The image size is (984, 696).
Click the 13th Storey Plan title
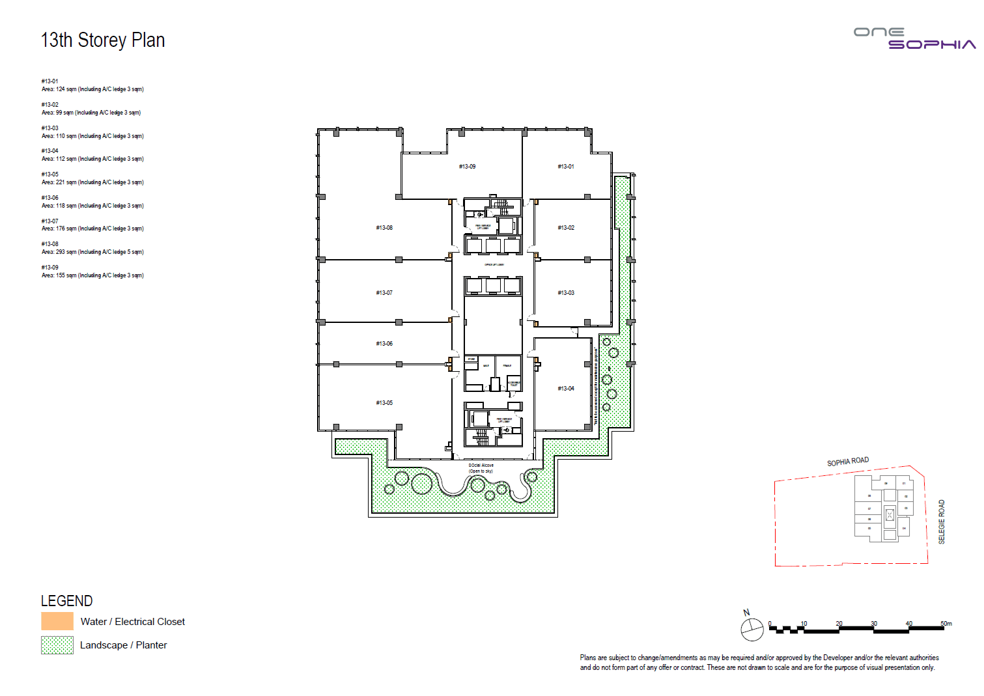[x=103, y=40]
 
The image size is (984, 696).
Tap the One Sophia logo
[x=914, y=38]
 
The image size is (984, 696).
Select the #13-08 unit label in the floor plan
[x=384, y=228]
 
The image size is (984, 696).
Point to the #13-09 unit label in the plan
[x=467, y=167]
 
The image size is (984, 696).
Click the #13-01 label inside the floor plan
[x=566, y=167]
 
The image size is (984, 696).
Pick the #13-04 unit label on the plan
[x=566, y=389]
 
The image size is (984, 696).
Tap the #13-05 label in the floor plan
[x=384, y=403]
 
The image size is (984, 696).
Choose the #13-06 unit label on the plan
[x=384, y=344]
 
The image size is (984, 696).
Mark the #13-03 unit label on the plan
[x=566, y=293]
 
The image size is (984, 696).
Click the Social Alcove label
[x=481, y=466]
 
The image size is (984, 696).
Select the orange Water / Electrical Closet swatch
[x=57, y=621]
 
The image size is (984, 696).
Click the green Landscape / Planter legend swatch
[x=57, y=645]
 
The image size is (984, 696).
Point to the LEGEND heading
[x=66, y=601]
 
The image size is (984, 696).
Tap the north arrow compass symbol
[x=752, y=628]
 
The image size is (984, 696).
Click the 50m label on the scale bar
[x=946, y=624]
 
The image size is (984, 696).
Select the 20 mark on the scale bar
[x=839, y=624]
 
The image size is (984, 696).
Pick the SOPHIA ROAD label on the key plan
[x=848, y=462]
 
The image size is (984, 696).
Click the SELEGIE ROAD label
[x=941, y=522]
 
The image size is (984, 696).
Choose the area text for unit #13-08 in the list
[x=92, y=252]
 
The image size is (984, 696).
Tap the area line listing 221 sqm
[x=92, y=182]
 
